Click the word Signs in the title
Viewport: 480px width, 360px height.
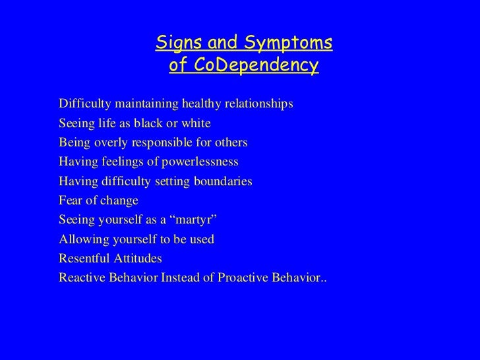179,43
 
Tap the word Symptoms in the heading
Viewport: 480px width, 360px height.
288,43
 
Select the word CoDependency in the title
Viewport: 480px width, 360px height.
256,65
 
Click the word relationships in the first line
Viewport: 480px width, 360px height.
259,104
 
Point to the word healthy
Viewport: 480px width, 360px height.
202,104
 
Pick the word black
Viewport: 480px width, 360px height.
148,123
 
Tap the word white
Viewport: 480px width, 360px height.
196,123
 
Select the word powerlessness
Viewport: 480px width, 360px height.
200,162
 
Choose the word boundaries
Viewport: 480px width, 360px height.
223,181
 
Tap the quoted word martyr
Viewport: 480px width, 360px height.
193,220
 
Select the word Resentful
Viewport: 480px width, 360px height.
84,258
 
